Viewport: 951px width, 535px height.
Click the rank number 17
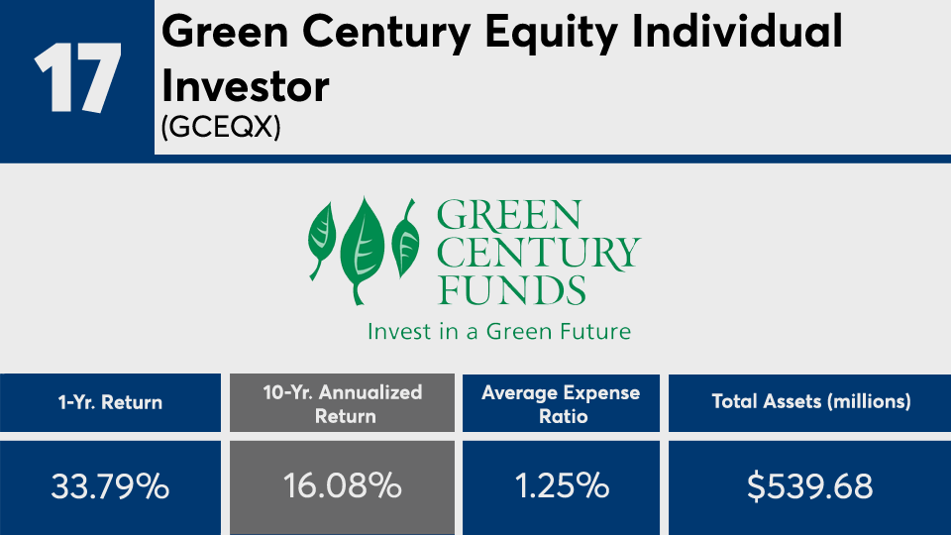click(x=77, y=78)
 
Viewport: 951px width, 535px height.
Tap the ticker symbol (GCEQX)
click(x=221, y=127)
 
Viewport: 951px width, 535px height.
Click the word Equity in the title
click(x=552, y=33)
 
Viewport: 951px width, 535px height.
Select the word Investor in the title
click(x=245, y=86)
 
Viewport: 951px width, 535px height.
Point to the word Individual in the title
click(x=737, y=31)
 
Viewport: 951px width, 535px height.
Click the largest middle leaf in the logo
click(x=363, y=250)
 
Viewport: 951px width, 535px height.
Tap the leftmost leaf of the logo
click(x=321, y=241)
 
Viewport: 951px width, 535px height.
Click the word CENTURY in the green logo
click(x=538, y=253)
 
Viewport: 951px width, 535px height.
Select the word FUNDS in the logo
click(x=511, y=289)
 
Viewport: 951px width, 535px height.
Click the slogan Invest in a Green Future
click(x=499, y=331)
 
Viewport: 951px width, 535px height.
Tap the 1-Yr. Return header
click(x=110, y=402)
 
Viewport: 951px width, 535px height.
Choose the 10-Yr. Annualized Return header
click(x=343, y=404)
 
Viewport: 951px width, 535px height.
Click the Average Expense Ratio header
click(x=561, y=404)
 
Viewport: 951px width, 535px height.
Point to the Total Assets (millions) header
click(x=811, y=401)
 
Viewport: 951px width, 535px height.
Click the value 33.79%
click(x=110, y=486)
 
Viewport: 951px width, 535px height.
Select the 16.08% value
click(x=343, y=486)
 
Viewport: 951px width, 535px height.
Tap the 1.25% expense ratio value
click(x=562, y=486)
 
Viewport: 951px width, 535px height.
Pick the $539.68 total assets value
click(x=809, y=486)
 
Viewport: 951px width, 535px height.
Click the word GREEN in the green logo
click(x=509, y=215)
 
